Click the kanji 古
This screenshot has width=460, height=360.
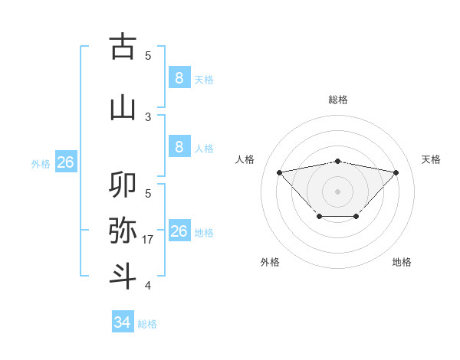[x=123, y=47]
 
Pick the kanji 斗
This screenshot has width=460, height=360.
[x=123, y=275]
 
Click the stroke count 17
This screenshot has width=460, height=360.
[x=149, y=240]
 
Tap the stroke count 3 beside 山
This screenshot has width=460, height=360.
[x=149, y=116]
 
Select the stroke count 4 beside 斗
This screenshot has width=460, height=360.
[x=149, y=286]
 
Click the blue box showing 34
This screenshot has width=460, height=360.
[x=123, y=322]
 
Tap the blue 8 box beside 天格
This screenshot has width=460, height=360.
[x=179, y=77]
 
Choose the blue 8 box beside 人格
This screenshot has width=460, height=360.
[x=179, y=147]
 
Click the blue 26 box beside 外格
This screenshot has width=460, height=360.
[x=65, y=162]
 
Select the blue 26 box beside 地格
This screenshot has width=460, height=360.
[x=179, y=231]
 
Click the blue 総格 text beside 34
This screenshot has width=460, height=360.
[x=147, y=324]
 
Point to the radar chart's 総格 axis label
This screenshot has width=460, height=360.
[x=337, y=100]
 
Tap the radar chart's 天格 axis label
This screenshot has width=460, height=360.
[x=432, y=159]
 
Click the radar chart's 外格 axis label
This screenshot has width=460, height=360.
[x=270, y=262]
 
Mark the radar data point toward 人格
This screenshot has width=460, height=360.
[x=279, y=172]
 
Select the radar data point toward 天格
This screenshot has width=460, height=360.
[x=396, y=172]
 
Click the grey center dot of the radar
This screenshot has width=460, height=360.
[x=337, y=191]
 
